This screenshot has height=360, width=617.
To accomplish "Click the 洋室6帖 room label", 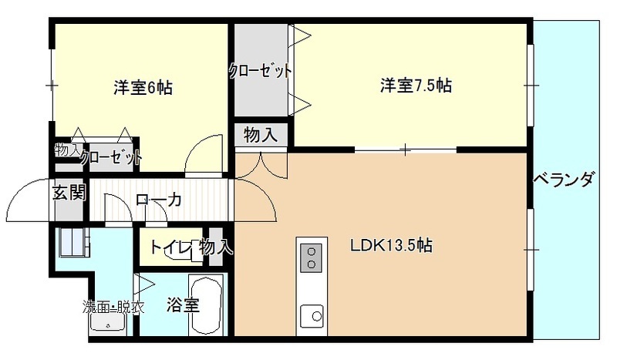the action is [x=143, y=87].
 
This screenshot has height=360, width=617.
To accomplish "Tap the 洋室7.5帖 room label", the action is [x=416, y=86].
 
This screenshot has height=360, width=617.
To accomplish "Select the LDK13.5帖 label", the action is [x=392, y=245].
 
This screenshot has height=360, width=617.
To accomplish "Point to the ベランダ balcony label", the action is [x=563, y=180].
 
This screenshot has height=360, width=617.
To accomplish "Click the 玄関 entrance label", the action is [x=69, y=193].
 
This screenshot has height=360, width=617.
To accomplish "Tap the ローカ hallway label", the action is [x=158, y=200].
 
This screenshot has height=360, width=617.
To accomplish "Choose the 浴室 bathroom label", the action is [x=183, y=304].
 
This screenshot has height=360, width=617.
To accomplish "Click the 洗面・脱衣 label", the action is [x=113, y=307].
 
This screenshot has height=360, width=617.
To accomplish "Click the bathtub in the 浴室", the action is [x=206, y=305].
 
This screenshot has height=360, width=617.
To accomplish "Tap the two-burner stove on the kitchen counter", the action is [x=312, y=257].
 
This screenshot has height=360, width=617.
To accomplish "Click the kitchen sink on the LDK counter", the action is [x=312, y=316].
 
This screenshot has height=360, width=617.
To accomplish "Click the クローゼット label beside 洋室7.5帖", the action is [x=261, y=71].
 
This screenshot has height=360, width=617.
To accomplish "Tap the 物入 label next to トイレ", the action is [x=216, y=247].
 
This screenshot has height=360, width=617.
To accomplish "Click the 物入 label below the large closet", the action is [x=261, y=135].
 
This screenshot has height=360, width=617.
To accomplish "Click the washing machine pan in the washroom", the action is [x=73, y=242].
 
